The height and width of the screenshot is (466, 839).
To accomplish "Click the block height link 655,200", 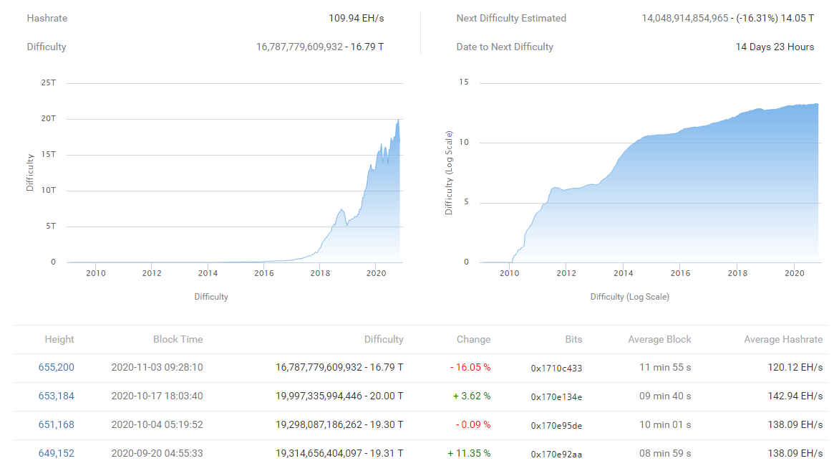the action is tap(56, 368).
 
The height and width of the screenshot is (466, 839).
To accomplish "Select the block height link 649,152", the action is tap(56, 453).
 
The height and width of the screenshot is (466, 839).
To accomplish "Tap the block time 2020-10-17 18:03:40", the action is tap(157, 396).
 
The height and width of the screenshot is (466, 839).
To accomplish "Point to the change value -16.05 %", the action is tap(470, 368).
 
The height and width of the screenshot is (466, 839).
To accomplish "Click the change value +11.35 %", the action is tap(470, 453).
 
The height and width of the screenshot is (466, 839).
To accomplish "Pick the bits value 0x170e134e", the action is tap(556, 397).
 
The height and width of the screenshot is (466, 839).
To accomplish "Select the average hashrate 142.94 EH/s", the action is tap(795, 396).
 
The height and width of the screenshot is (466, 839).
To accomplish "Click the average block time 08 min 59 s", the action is tap(665, 453).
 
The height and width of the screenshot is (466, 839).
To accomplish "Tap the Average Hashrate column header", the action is tap(783, 339).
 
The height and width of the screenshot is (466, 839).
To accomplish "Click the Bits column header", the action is tap(573, 339).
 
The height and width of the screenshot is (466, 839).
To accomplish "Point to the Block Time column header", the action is tap(178, 339).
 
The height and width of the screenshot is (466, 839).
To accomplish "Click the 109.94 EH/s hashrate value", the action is tap(357, 18).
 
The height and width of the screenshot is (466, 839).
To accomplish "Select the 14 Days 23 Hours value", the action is tap(775, 47).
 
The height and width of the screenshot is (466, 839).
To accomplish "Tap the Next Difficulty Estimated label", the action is tap(511, 18).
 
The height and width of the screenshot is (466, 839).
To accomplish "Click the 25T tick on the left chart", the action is tap(49, 82).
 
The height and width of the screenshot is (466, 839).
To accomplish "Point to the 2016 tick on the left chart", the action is tap(263, 273).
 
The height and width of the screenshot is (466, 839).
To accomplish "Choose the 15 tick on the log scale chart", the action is tap(463, 82).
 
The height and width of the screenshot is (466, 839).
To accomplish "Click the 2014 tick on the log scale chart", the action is tap(624, 273).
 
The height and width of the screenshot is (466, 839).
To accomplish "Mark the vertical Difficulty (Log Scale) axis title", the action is tap(448, 173).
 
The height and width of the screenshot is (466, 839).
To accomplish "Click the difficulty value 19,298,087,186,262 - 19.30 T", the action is tap(339, 424).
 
